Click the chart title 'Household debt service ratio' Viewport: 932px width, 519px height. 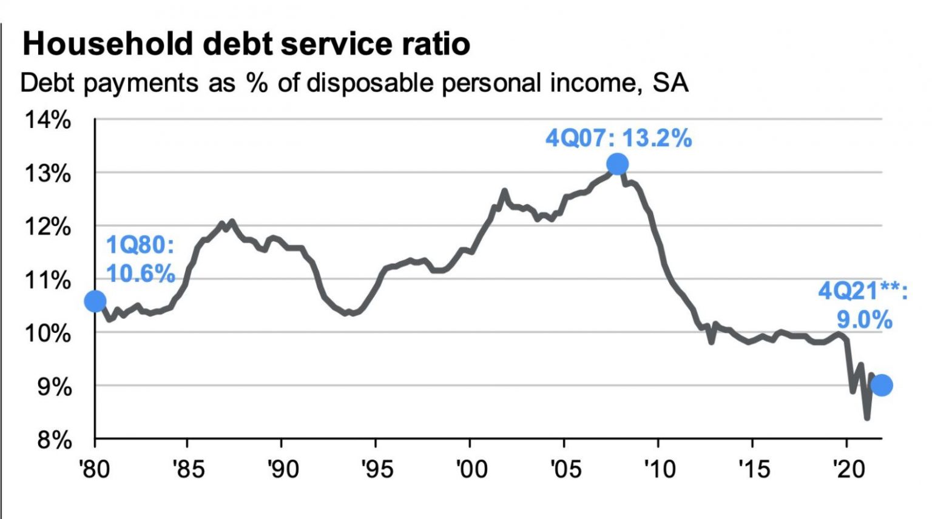[x=246, y=44]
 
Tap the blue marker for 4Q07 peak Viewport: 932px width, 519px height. [x=617, y=164]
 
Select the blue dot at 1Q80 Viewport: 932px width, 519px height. [x=95, y=301]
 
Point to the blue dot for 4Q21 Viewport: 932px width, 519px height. [x=882, y=385]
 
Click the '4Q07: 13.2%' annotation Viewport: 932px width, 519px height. [x=618, y=138]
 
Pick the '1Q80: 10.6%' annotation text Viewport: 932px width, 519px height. [x=141, y=259]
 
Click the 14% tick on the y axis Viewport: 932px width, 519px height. [x=48, y=120]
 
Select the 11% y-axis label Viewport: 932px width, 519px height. [x=48, y=281]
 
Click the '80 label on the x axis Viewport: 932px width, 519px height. [x=95, y=469]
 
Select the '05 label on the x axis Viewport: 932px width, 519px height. [x=565, y=469]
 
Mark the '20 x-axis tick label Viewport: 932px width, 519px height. [x=848, y=469]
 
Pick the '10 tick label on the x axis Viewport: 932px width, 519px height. [x=659, y=469]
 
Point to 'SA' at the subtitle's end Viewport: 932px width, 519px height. [x=670, y=83]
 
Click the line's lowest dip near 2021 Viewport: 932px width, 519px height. [x=867, y=417]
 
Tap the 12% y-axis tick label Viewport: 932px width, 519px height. [x=48, y=227]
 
